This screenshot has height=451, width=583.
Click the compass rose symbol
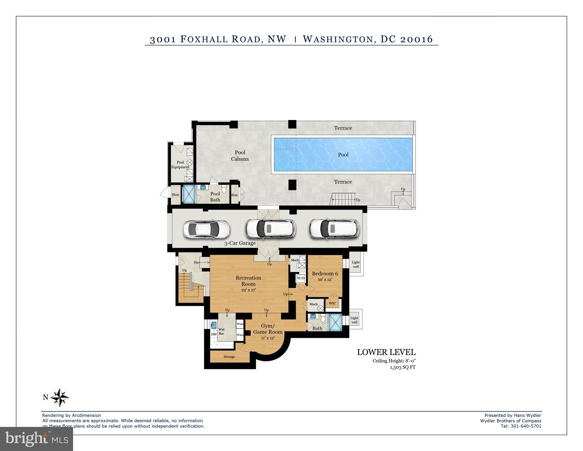point(60,398)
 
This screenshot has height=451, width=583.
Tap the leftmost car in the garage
point(207,229)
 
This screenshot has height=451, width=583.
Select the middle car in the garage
point(270,229)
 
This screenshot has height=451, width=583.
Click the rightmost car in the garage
point(334,229)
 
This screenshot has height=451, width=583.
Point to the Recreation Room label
point(248,281)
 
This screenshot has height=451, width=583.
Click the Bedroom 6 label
point(325,274)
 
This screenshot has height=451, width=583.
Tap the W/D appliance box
point(301,278)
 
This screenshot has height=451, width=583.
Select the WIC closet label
point(332,304)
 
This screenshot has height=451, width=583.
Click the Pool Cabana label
point(240,156)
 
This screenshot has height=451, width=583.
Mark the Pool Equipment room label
point(180,165)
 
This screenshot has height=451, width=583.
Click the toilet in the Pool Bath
point(224,189)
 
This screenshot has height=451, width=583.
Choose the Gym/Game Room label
point(268,329)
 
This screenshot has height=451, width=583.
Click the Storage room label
point(229,357)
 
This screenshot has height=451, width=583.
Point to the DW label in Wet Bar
point(214,334)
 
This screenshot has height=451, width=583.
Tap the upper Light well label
point(356,264)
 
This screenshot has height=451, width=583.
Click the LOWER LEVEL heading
point(386,352)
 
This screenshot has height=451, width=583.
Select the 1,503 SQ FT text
point(403,367)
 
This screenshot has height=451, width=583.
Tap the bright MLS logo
point(36,439)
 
